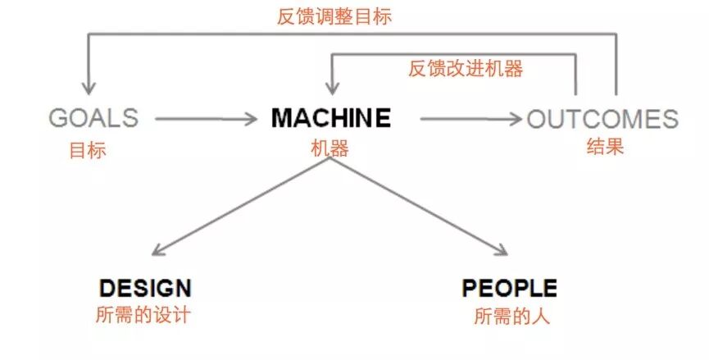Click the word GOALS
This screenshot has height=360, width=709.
93,118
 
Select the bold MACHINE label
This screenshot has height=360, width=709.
331,118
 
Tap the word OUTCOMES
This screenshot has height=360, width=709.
602,120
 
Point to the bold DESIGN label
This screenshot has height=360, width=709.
145,288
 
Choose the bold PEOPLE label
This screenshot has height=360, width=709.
509,288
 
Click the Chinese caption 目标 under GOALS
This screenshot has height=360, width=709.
88,150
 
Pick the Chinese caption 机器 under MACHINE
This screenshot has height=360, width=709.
330,148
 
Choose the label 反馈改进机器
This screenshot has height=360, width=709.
466,69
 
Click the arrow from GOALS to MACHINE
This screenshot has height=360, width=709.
205,120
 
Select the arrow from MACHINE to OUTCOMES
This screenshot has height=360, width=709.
469,120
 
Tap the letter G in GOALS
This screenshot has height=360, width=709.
58,118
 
